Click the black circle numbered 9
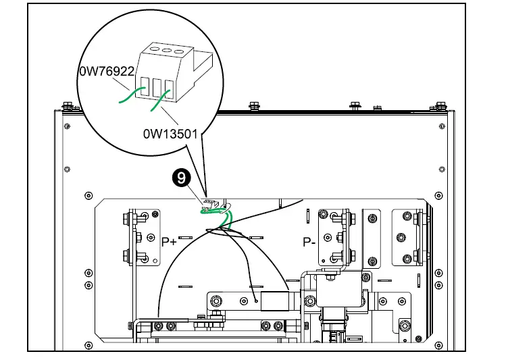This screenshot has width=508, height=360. (x=181, y=178)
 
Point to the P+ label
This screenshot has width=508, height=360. (x=169, y=241)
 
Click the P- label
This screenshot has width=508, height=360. (x=309, y=241)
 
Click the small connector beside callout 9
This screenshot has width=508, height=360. (x=209, y=203)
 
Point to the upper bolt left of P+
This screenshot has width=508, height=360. (x=126, y=220)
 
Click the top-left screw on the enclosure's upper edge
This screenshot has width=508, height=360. (x=68, y=106)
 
